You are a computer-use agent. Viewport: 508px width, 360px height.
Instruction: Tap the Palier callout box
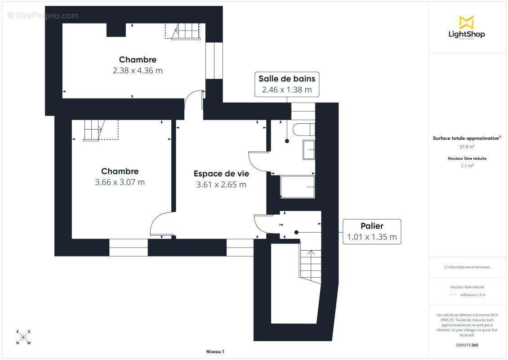(372, 232)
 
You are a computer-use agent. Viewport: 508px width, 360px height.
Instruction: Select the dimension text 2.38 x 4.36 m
(138, 71)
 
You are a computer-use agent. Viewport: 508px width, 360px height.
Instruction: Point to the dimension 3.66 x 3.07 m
(120, 182)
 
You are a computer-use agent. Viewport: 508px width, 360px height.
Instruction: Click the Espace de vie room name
(221, 173)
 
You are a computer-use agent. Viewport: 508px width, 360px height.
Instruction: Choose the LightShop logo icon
(467, 22)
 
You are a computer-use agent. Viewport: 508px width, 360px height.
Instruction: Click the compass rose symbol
(23, 337)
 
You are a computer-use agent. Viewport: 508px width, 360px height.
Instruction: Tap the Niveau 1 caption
(215, 351)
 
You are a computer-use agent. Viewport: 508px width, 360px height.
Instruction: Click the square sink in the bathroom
(309, 149)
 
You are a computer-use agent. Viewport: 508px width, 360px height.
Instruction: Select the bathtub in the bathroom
(297, 187)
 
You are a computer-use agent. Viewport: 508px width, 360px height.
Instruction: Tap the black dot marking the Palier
(296, 232)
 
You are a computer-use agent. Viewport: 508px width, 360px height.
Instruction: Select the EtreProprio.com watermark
(43, 16)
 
